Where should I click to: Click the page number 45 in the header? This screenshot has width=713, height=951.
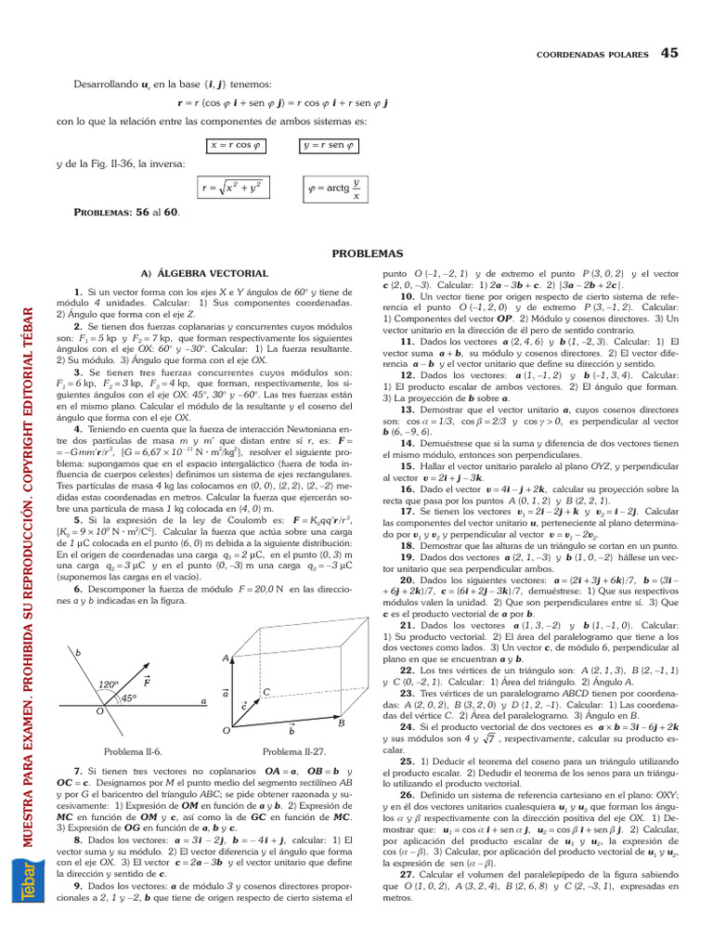[669, 54]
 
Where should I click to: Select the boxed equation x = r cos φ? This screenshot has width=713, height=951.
[236, 146]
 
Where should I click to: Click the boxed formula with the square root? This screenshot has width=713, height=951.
[236, 189]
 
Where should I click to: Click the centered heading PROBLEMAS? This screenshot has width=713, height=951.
[369, 253]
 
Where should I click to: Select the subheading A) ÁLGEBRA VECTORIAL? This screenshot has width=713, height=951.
[204, 273]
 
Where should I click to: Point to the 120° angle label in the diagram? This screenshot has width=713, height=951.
[108, 684]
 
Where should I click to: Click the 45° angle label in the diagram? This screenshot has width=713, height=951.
[127, 697]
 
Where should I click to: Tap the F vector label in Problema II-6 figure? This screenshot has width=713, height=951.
[147, 683]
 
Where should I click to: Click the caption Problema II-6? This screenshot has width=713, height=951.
[133, 751]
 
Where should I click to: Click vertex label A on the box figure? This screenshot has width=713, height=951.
[226, 658]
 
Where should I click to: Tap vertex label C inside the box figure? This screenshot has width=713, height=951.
[266, 692]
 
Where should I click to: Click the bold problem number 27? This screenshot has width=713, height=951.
[407, 874]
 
